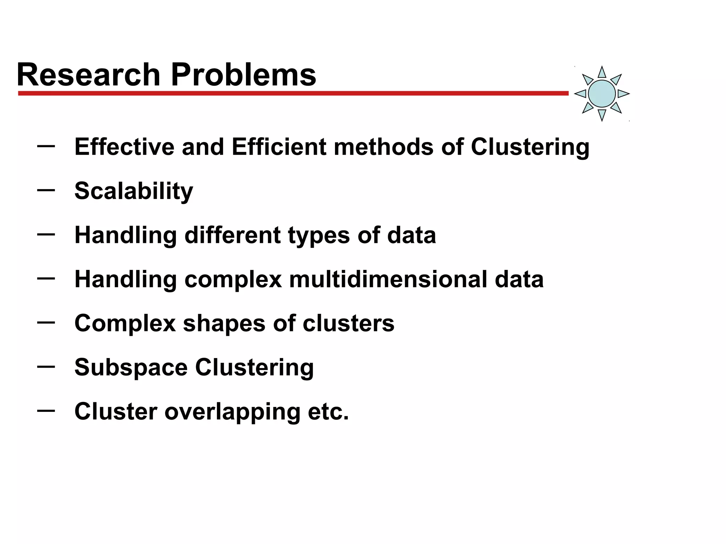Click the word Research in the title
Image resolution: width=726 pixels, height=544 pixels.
89,75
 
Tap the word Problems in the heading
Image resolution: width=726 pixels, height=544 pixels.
244,75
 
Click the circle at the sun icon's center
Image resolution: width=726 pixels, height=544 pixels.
602,93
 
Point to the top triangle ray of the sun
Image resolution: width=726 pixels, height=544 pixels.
602,73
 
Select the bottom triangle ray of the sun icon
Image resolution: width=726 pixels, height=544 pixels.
602,114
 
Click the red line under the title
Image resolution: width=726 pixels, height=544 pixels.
293,93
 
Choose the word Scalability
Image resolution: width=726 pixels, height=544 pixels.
134,191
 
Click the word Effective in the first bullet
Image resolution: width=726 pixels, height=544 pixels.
124,147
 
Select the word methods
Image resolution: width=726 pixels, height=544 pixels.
384,147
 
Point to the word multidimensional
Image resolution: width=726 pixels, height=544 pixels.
388,279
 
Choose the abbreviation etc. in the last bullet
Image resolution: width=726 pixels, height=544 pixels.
328,412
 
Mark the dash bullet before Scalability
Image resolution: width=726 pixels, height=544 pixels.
46,190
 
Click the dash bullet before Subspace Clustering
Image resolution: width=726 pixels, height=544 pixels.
46,367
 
